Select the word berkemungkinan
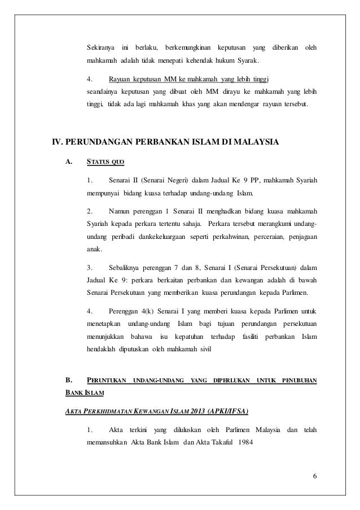click(x=191, y=46)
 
